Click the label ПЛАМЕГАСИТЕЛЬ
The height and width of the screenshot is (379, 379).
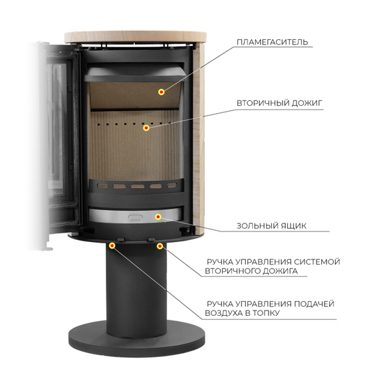point(272,42)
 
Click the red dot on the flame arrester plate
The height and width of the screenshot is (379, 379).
point(161,92)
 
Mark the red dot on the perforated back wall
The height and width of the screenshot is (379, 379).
point(146,128)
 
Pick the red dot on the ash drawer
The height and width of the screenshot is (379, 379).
point(158,217)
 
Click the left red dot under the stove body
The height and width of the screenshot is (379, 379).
point(112,246)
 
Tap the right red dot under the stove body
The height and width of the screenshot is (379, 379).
point(160,246)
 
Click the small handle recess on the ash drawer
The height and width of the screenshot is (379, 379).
point(136,217)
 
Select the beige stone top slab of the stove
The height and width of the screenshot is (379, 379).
point(136,37)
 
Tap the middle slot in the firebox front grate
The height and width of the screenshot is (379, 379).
point(138,186)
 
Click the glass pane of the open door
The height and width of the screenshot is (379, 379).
point(57,128)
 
